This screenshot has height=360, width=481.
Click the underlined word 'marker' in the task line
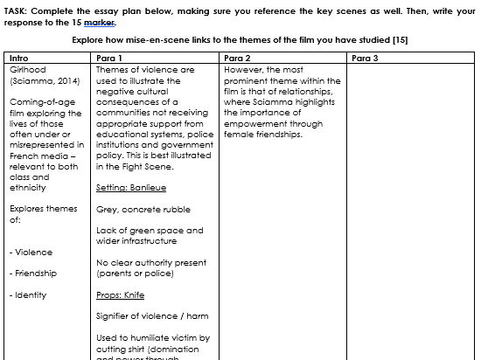102,22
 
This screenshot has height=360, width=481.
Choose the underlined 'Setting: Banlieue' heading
131,188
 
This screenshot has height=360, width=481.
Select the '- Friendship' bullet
33,273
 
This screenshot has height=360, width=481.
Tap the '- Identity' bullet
29,295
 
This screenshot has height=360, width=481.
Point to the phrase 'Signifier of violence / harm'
152,316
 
